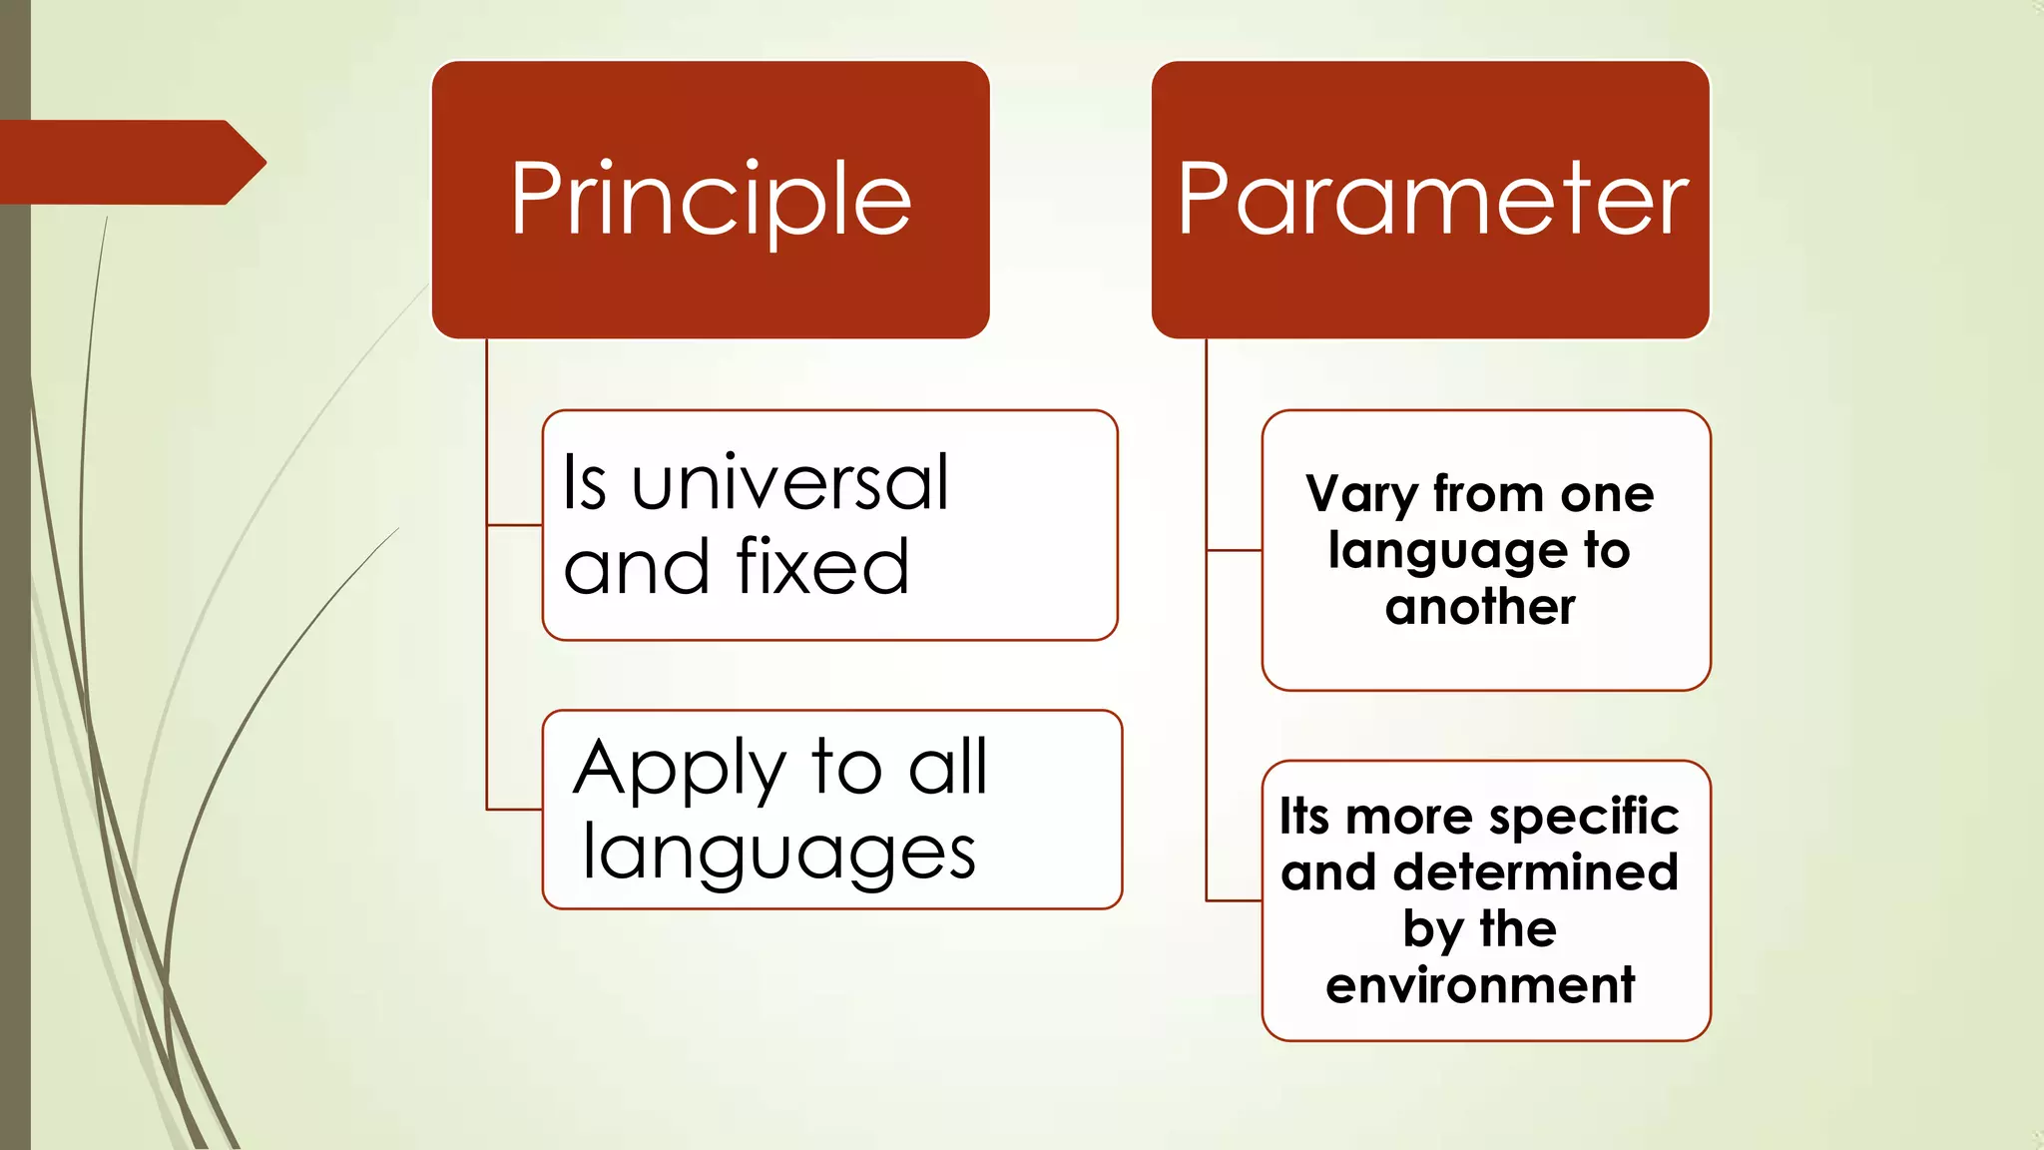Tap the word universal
click(x=789, y=483)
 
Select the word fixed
click(x=822, y=567)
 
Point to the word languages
click(x=778, y=855)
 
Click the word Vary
click(x=1361, y=495)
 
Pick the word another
click(x=1480, y=607)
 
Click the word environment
click(x=1480, y=985)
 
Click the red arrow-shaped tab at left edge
click(x=130, y=162)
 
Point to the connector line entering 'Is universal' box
click(x=515, y=524)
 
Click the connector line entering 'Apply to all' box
click(x=515, y=809)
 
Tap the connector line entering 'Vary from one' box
click(x=1235, y=550)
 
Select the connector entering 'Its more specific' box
click(x=1235, y=900)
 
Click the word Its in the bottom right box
click(x=1304, y=817)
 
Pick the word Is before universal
click(x=585, y=483)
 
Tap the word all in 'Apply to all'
click(x=947, y=768)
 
